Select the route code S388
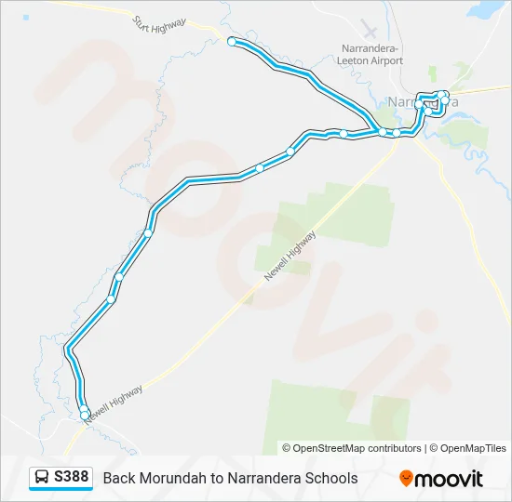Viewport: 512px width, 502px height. click(x=72, y=477)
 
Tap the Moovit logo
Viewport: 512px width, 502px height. click(x=441, y=479)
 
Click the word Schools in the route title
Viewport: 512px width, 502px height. click(x=331, y=478)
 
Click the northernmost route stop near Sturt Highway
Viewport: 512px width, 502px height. click(x=233, y=41)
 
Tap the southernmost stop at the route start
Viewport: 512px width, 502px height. click(x=85, y=415)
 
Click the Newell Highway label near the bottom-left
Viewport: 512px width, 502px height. click(x=113, y=406)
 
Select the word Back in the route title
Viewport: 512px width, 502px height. click(x=119, y=478)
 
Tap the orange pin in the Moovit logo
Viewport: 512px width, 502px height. click(x=406, y=479)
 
